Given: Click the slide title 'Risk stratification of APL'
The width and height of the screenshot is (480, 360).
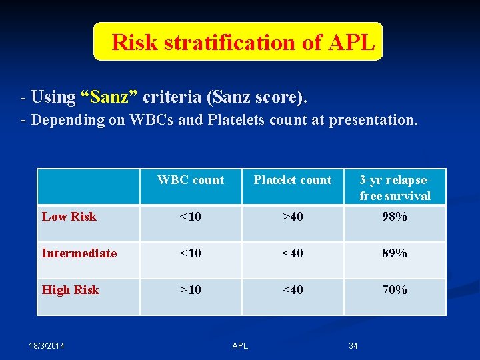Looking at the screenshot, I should click(x=243, y=43).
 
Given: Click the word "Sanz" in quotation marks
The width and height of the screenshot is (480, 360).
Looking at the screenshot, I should click(x=109, y=97).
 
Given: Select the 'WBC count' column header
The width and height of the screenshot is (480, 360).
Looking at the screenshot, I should click(x=191, y=180).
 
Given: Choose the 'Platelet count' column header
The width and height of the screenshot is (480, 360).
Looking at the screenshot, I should click(x=293, y=180).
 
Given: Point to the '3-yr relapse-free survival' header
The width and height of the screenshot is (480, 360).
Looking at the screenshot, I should click(x=395, y=187).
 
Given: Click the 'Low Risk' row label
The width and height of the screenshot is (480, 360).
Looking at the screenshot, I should click(x=69, y=217).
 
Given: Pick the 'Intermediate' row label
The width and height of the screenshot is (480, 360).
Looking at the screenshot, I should click(x=79, y=253).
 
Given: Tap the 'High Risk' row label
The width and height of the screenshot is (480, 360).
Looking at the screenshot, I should click(x=71, y=290).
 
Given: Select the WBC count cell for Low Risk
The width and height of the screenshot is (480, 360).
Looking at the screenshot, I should click(x=191, y=217).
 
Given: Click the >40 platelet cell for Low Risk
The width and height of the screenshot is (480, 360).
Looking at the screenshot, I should click(x=293, y=217).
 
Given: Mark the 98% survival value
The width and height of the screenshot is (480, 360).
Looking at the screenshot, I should click(x=394, y=217).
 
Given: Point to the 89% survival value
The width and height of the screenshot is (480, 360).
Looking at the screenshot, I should click(x=394, y=253).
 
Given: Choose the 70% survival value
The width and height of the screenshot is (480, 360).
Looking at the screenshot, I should click(x=394, y=290).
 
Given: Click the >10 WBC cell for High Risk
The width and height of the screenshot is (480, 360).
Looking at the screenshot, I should click(x=191, y=290).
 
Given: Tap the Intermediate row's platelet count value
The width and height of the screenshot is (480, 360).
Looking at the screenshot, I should click(x=293, y=253).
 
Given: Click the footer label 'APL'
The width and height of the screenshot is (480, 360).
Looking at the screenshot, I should click(x=240, y=345).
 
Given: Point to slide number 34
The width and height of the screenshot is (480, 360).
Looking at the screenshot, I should click(x=353, y=345).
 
